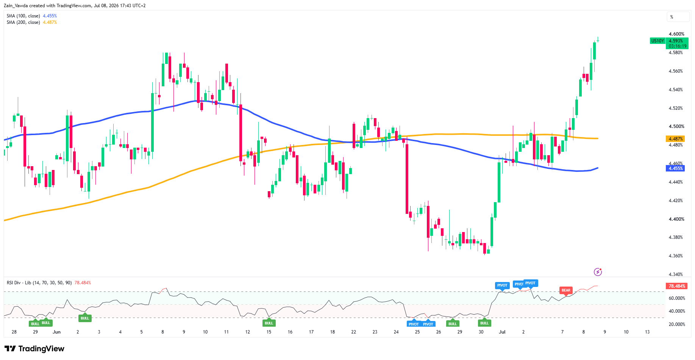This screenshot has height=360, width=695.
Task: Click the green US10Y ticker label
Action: tap(658, 41)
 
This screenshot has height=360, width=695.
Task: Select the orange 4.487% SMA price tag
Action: tap(675, 139)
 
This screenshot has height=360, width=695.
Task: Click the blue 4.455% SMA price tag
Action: tap(675, 168)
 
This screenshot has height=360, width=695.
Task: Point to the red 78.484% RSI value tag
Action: tap(677, 286)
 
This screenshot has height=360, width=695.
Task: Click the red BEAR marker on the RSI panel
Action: tap(566, 290)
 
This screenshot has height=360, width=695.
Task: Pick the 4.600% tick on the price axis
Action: tap(676, 34)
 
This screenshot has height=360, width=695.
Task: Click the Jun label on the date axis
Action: tap(56, 332)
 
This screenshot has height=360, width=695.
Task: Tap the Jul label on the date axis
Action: tap(502, 332)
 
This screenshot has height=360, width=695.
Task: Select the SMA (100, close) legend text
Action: tap(23, 16)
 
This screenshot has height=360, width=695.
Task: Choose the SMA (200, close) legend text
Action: tap(23, 22)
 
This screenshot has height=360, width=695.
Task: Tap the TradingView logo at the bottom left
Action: tap(34, 349)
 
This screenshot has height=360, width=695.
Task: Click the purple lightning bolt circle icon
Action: tap(598, 272)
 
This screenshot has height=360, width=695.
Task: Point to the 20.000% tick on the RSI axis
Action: tap(677, 324)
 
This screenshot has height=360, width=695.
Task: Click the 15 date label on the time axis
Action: tap(269, 332)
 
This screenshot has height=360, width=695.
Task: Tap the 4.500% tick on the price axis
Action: tap(676, 126)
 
